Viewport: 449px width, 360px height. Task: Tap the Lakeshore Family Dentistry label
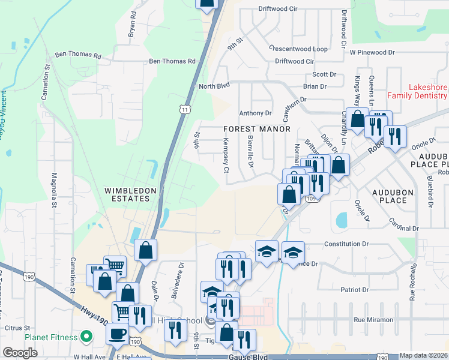pyautogui.click(x=417, y=91)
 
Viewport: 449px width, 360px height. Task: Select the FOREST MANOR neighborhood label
pyautogui.click(x=257, y=129)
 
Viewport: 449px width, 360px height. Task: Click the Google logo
pyautogui.click(x=20, y=352)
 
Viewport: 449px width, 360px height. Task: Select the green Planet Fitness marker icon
pyautogui.click(x=86, y=337)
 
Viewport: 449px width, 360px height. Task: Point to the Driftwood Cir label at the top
pyautogui.click(x=278, y=9)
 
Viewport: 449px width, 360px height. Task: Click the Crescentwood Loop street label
pyautogui.click(x=298, y=49)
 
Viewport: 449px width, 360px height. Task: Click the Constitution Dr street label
pyautogui.click(x=345, y=244)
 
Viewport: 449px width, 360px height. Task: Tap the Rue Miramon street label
pyautogui.click(x=373, y=320)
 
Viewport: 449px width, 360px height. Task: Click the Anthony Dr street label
pyautogui.click(x=256, y=113)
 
